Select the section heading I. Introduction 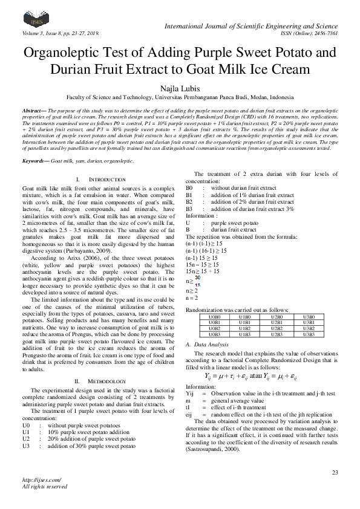coord(101,180)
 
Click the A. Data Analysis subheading coord(207,343)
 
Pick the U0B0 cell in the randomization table coord(214,317)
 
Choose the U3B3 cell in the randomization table coord(308,334)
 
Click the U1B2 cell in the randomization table coord(245,328)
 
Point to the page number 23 coord(335,472)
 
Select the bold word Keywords coord(36,161)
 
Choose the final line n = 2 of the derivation coord(192,298)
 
